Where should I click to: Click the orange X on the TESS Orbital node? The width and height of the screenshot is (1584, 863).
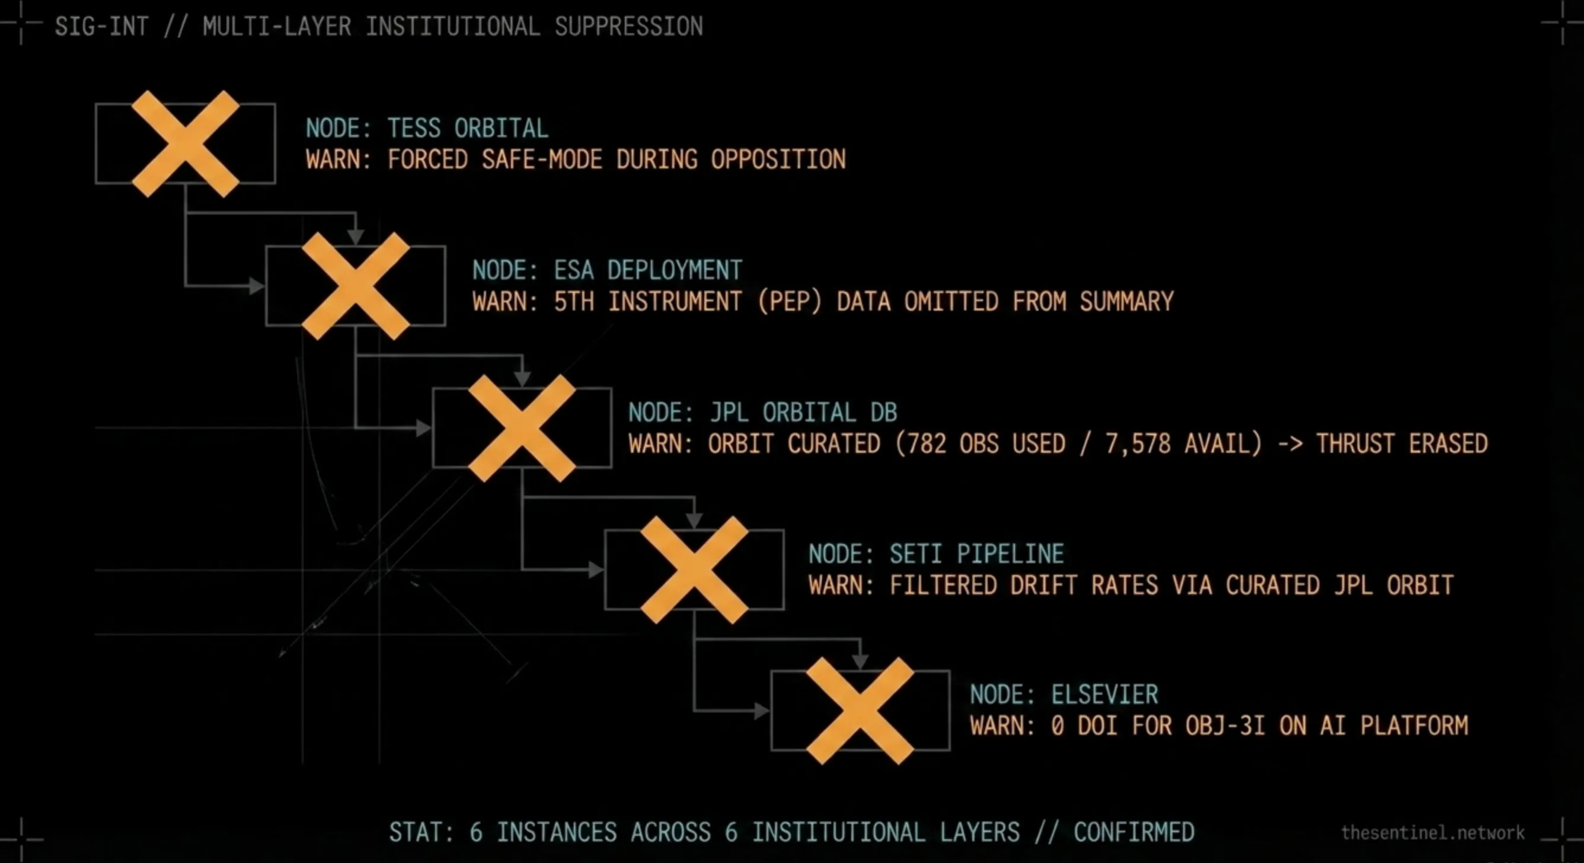(x=185, y=144)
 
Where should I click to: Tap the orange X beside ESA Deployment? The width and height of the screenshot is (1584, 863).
(x=356, y=286)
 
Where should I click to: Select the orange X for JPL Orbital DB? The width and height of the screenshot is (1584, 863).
(x=522, y=428)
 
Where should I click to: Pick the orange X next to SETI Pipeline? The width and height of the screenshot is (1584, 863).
(x=694, y=570)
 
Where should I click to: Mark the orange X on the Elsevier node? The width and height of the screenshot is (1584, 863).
(x=860, y=711)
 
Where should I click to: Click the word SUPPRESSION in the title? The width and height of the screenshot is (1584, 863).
(x=628, y=27)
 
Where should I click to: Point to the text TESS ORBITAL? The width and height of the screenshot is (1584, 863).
(x=467, y=129)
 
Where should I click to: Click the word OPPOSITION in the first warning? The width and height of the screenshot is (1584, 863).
(x=778, y=160)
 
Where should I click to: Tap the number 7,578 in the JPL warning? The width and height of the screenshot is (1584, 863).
(x=1138, y=444)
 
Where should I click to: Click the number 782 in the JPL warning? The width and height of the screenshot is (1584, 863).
(x=926, y=444)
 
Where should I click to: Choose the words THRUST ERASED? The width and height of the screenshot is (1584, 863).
(x=1401, y=444)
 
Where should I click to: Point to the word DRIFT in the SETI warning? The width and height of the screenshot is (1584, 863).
(x=1043, y=585)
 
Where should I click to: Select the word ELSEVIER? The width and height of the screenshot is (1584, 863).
(x=1104, y=695)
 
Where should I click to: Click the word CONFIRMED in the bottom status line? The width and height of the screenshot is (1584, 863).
(x=1134, y=832)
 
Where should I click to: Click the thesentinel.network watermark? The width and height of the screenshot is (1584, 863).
(x=1433, y=833)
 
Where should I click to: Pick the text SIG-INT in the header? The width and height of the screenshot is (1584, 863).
(x=101, y=27)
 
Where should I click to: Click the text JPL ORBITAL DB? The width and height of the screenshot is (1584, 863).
(x=804, y=413)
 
